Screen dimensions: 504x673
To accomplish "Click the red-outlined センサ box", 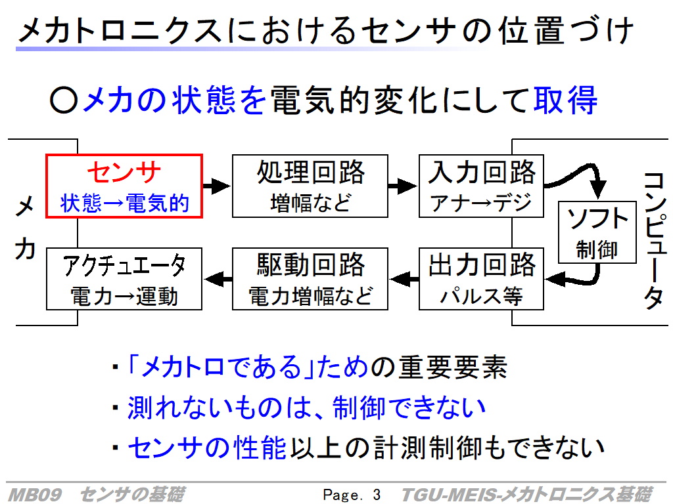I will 124,186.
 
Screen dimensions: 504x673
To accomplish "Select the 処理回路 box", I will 310,186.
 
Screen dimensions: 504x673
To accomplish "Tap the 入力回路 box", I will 482,186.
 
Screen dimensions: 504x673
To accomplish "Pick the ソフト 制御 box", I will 597,232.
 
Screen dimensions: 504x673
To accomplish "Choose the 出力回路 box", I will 482,279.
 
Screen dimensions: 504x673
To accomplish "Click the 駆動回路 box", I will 310,279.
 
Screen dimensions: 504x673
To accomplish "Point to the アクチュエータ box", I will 124,279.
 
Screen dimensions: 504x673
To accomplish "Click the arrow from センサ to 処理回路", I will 216,186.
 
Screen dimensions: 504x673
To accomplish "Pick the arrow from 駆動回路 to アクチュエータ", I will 217,280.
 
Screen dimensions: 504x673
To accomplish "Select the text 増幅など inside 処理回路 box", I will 310,203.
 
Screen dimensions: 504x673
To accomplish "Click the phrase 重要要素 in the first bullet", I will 452,368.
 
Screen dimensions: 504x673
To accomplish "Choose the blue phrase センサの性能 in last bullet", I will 206,448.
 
